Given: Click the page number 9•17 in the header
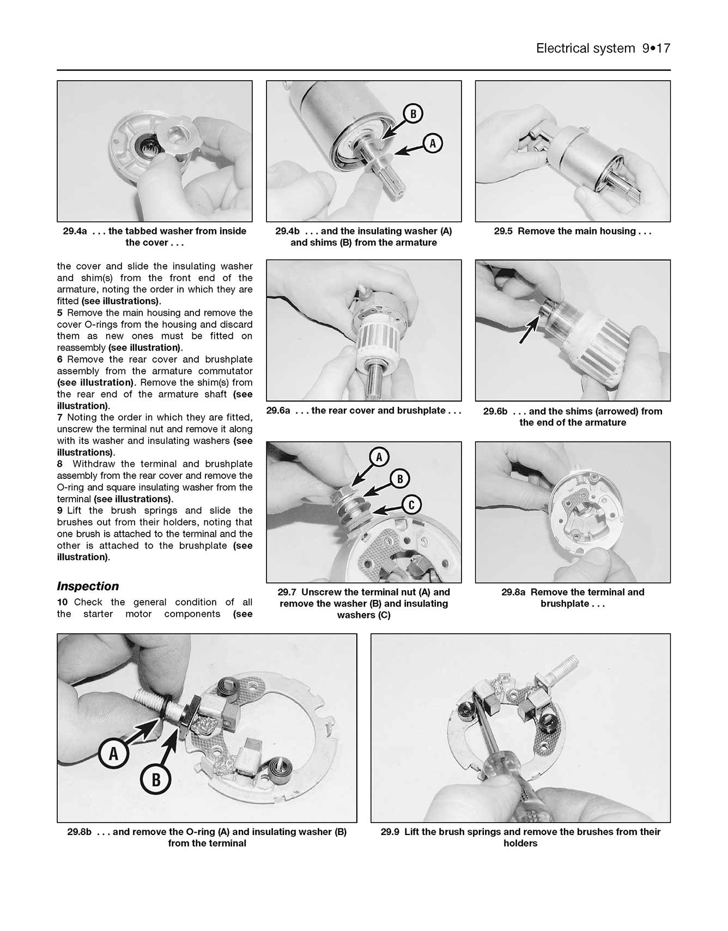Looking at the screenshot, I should tap(656, 49).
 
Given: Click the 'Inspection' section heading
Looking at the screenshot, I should tap(88, 586).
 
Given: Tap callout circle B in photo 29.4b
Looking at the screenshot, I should tap(413, 113).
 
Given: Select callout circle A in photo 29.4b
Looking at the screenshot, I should tap(433, 143).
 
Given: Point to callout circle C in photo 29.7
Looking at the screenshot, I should tap(411, 505).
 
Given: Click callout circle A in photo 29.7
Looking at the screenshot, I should tap(379, 457).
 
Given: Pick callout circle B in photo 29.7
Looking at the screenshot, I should tap(399, 479).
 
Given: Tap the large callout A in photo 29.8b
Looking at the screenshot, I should tap(113, 754).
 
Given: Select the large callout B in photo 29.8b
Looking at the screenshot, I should tap(156, 780).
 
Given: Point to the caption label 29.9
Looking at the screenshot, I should tap(390, 832).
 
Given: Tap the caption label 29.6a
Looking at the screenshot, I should tap(278, 411).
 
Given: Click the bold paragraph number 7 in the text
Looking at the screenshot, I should tap(60, 418).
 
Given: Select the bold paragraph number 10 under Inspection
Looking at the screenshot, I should tap(62, 602).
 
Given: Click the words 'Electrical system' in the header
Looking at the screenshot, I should tap(585, 49).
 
